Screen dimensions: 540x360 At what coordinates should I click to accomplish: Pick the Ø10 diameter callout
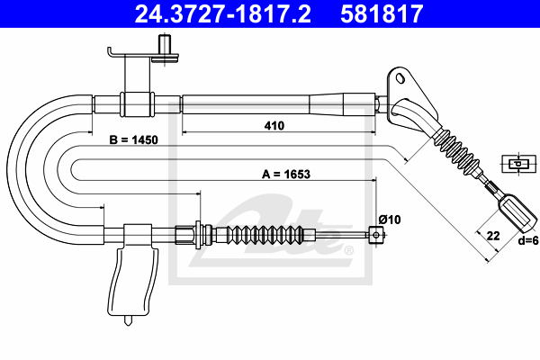[x=389, y=219]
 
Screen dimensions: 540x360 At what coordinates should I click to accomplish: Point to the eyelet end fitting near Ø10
[x=374, y=236]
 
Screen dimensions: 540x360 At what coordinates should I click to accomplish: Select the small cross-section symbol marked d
[x=516, y=164]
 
